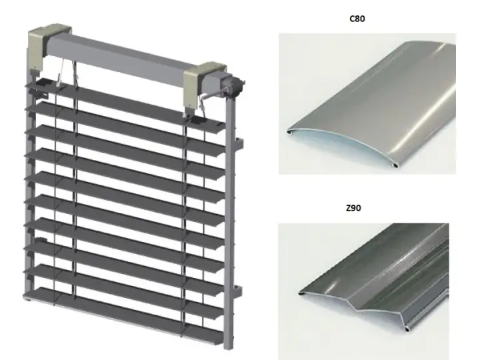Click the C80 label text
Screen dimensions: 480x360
(357, 19)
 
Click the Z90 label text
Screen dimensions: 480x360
(353, 208)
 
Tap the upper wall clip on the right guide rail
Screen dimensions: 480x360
(239, 145)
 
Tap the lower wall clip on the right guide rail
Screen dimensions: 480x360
(237, 293)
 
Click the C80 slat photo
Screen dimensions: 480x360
(367, 104)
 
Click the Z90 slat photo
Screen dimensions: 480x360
(364, 291)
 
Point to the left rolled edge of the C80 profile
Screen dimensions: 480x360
(289, 132)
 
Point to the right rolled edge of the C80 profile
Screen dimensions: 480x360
(395, 165)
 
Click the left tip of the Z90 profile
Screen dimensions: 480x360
(300, 293)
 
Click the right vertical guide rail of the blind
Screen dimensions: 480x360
(228, 221)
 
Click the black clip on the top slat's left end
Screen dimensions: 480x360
(43, 82)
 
